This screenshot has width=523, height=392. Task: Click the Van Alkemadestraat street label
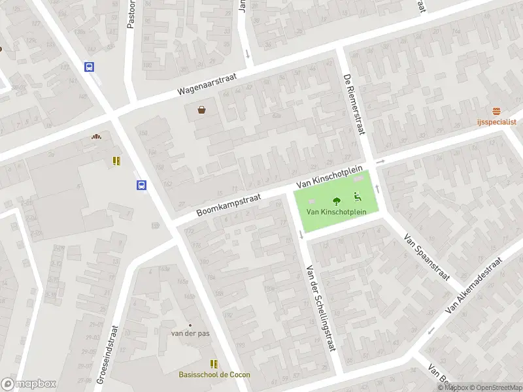click(473, 284)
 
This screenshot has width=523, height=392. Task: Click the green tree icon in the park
click(337, 201)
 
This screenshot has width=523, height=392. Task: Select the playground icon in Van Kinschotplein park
click(358, 196)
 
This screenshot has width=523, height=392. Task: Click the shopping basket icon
click(201, 110)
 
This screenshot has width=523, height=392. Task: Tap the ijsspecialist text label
click(497, 122)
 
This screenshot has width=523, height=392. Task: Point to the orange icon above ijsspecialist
click(497, 112)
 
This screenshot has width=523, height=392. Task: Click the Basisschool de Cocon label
click(214, 374)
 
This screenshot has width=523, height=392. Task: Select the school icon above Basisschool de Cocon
click(214, 363)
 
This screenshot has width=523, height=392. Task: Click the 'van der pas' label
click(190, 334)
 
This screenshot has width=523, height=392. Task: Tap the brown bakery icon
click(97, 137)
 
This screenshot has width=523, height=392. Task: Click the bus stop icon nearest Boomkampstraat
click(141, 185)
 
